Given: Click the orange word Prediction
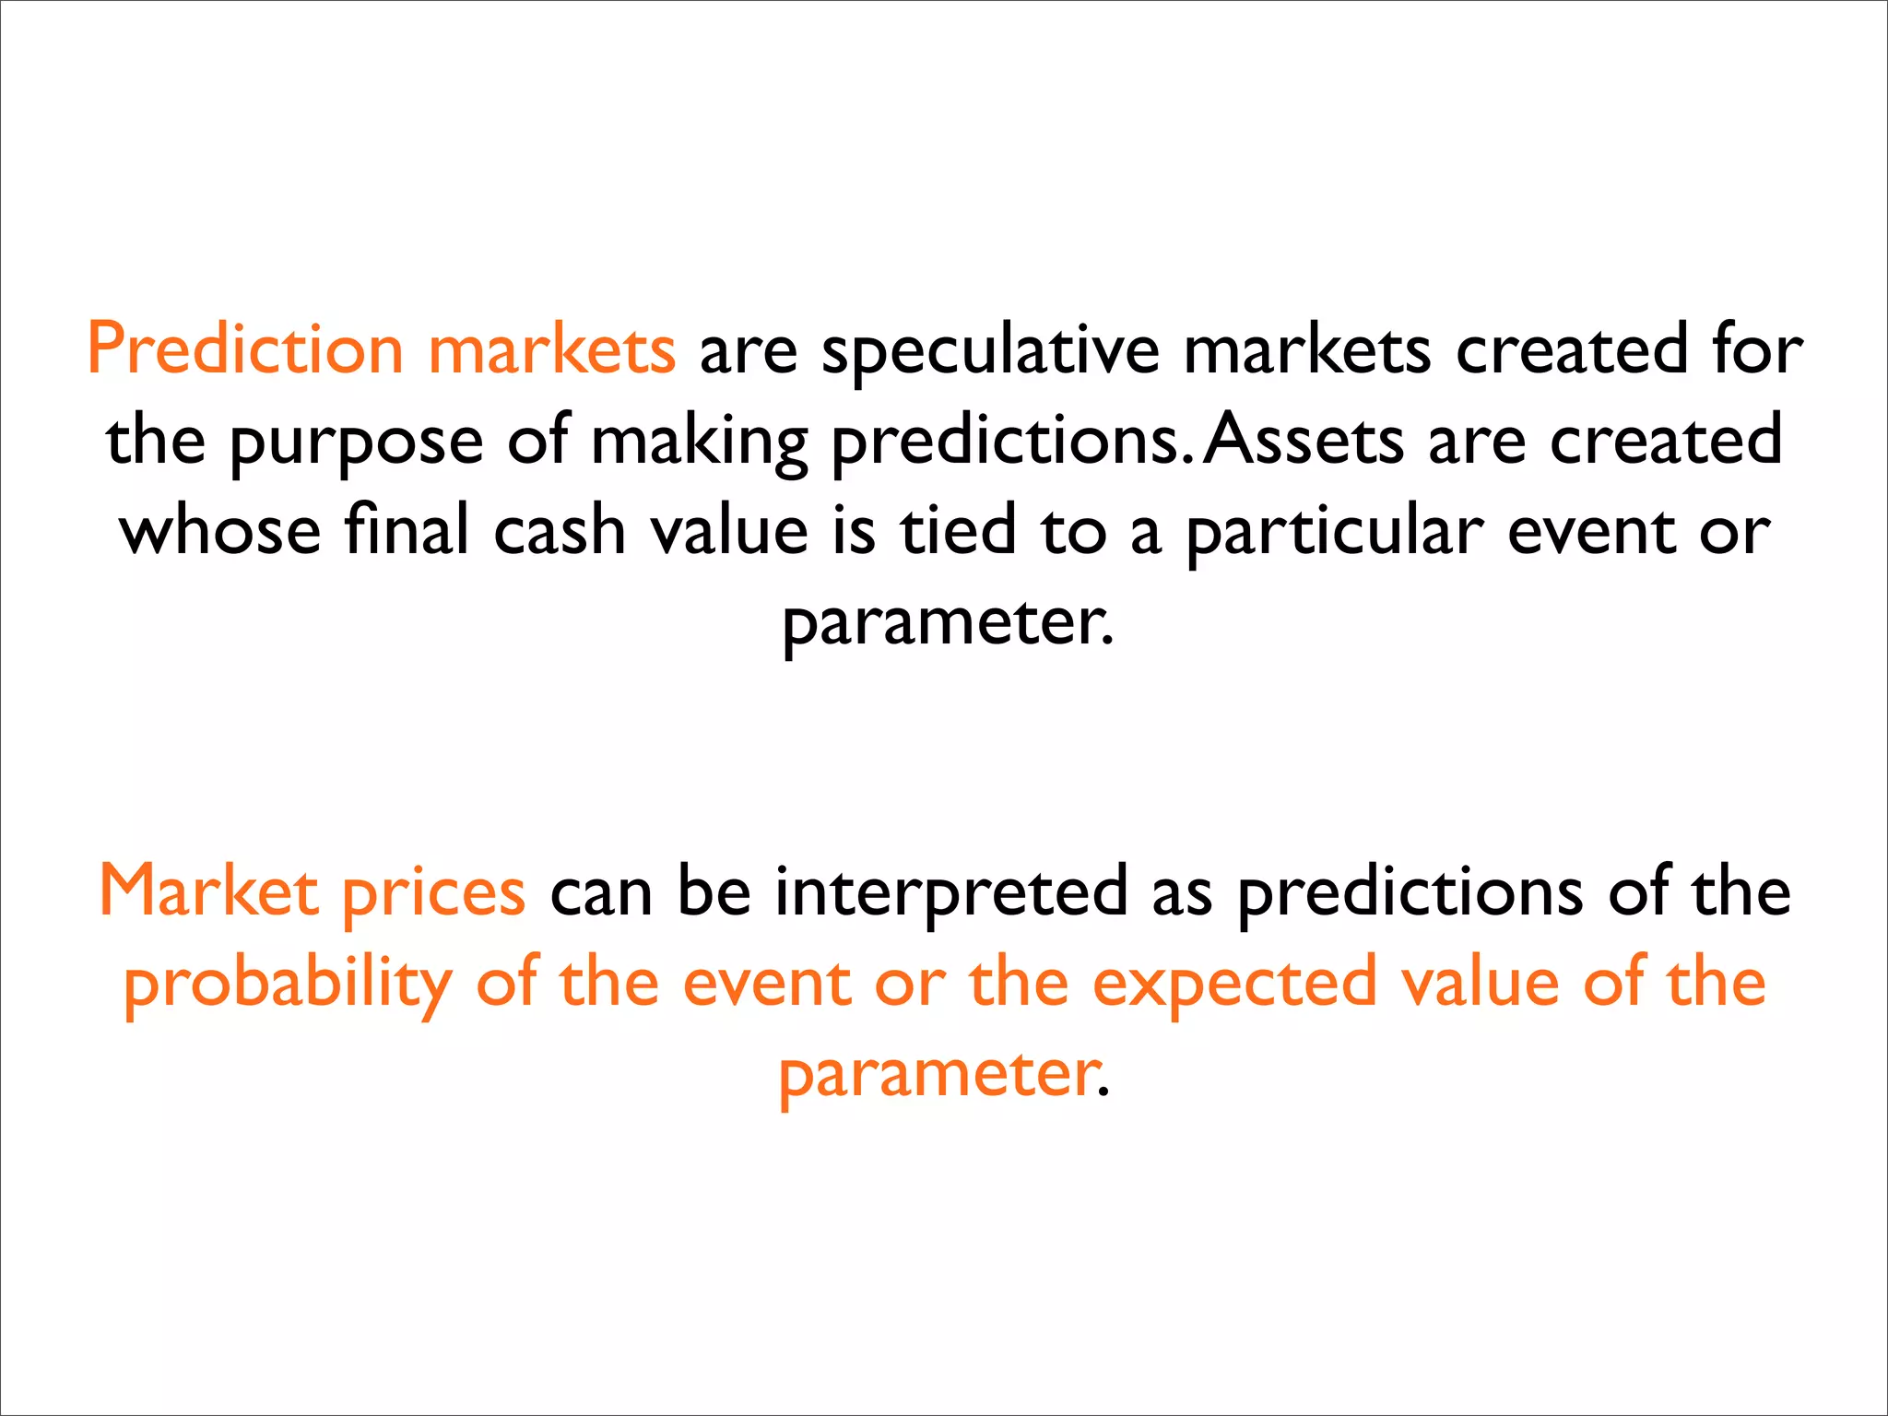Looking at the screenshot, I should [x=245, y=351].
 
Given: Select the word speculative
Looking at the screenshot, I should [x=990, y=351].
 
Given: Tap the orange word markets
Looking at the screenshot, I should [x=552, y=351].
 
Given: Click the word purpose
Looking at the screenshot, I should [x=356, y=443].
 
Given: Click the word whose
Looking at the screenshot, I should [x=220, y=532].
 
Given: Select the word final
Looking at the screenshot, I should [x=407, y=532].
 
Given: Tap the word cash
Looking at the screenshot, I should [x=560, y=532].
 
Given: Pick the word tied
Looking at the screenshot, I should [x=958, y=532].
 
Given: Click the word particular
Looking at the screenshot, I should [x=1334, y=534].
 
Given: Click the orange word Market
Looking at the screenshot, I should [x=208, y=891].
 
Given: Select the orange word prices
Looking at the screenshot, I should [x=433, y=893].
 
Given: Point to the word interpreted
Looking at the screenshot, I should [x=950, y=893].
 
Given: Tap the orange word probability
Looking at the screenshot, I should [x=288, y=984].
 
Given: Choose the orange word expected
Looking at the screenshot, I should [x=1234, y=984].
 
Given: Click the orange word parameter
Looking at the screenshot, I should [x=939, y=1074].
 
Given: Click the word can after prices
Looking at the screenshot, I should [x=601, y=893].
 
